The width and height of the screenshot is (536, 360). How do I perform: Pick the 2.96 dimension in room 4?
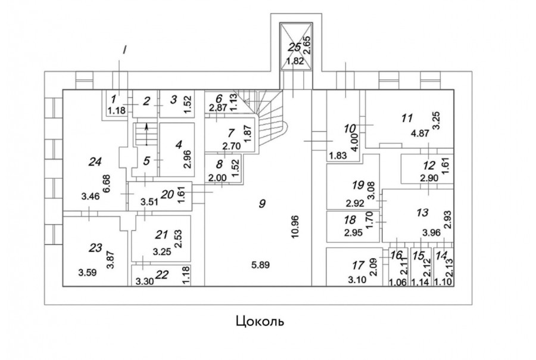click(x=186, y=156)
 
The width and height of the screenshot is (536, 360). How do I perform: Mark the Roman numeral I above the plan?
click(x=124, y=50)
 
